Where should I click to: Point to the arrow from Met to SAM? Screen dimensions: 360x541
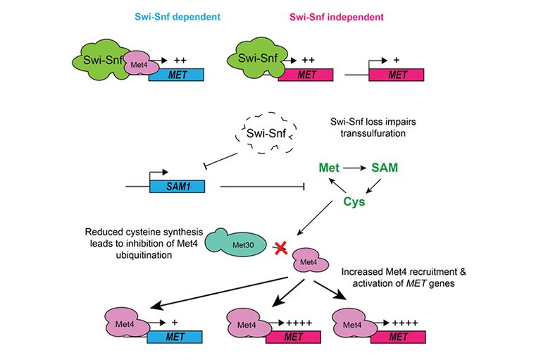pyautogui.click(x=358, y=169)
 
